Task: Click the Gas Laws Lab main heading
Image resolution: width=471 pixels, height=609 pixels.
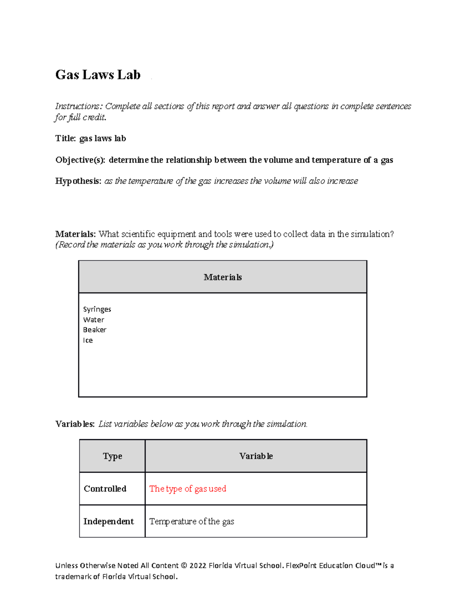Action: tap(98, 75)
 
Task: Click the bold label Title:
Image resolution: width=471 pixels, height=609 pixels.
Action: tap(66, 138)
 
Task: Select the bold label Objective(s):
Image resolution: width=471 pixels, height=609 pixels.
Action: tap(80, 160)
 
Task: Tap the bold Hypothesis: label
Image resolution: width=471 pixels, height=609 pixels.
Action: tap(78, 181)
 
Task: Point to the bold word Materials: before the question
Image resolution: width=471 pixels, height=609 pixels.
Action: tap(75, 234)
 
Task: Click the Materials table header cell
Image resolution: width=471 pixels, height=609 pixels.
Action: tap(223, 277)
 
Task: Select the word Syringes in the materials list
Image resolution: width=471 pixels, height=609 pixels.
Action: tap(97, 309)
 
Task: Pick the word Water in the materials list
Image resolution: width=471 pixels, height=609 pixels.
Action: tap(93, 320)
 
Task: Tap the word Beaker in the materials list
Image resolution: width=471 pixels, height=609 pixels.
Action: tap(95, 330)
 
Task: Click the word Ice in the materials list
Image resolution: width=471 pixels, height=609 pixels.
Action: tap(88, 340)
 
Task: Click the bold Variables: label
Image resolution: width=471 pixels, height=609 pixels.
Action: tap(75, 424)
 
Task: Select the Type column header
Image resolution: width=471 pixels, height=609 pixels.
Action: tap(112, 456)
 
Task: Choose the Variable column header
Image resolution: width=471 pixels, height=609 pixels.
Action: tap(256, 456)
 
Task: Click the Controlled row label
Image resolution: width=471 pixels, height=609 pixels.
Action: tap(105, 489)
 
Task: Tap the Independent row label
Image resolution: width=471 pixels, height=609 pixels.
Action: tap(108, 522)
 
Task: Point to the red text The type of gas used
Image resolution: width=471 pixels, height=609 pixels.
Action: tap(188, 489)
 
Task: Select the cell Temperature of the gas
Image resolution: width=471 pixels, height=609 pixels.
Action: tap(192, 522)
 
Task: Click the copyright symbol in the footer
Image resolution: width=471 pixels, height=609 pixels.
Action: tap(184, 565)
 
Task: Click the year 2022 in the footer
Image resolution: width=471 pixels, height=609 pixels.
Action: tap(198, 565)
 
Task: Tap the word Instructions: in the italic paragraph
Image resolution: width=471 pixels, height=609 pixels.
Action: tap(79, 106)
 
